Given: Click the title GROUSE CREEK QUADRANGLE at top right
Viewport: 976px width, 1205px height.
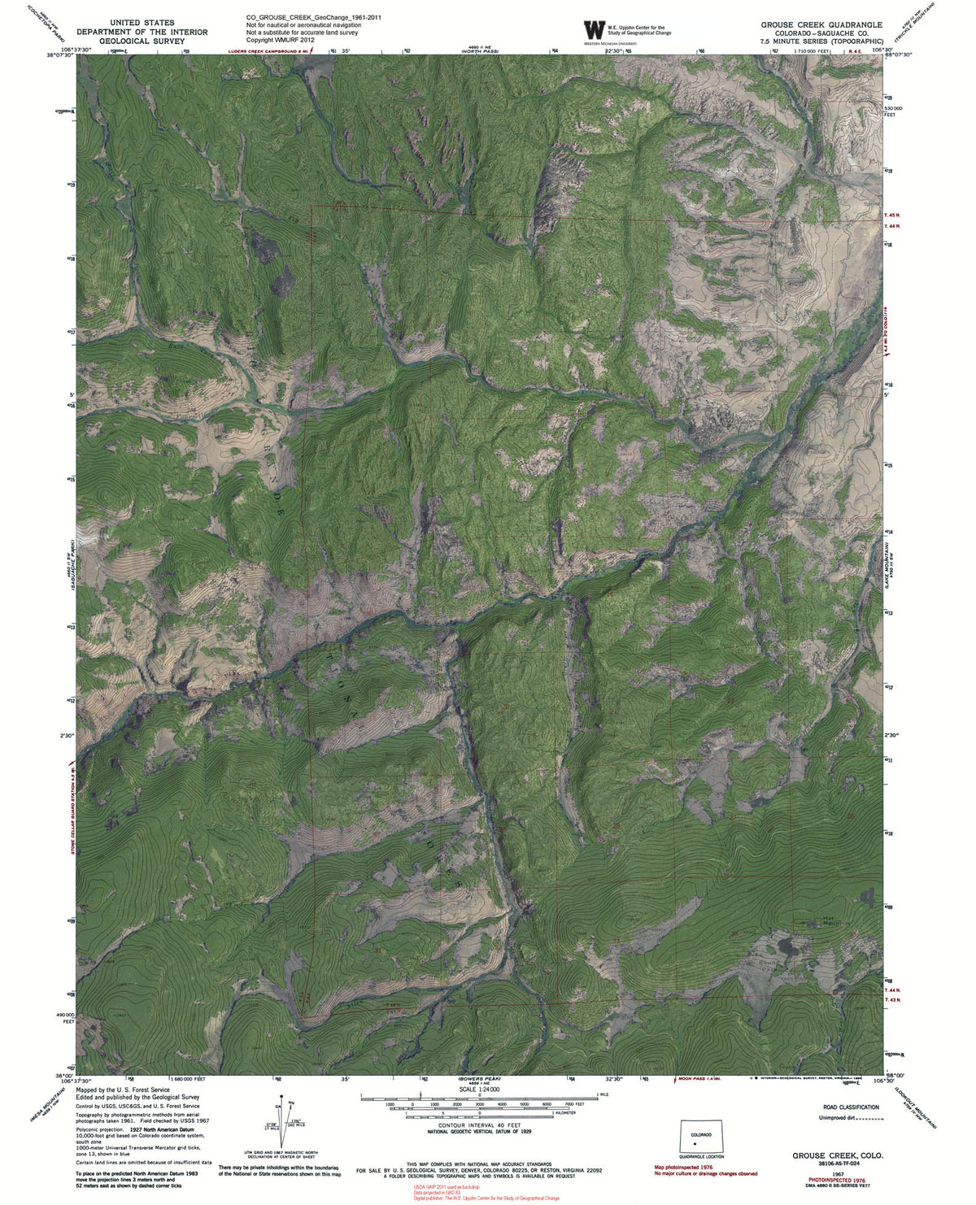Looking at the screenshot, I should [821, 24].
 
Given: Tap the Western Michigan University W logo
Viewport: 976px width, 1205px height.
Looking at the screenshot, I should [594, 30].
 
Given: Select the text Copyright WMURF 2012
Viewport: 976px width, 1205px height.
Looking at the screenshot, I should [280, 40].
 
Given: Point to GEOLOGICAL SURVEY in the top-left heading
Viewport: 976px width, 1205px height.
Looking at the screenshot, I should [142, 41].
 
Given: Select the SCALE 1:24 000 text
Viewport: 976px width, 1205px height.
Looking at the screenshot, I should [479, 1089].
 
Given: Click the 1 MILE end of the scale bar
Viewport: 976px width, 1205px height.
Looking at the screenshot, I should [602, 1095].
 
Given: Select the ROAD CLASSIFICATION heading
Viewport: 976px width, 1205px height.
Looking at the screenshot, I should [851, 1107].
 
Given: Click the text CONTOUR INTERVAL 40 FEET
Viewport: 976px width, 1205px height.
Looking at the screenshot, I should [479, 1125].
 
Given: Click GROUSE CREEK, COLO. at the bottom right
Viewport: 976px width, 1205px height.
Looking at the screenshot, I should [838, 1155].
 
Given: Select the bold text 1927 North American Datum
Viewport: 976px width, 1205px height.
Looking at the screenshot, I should [159, 1129].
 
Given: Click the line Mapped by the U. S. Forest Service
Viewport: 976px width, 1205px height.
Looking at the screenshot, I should [123, 1090].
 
